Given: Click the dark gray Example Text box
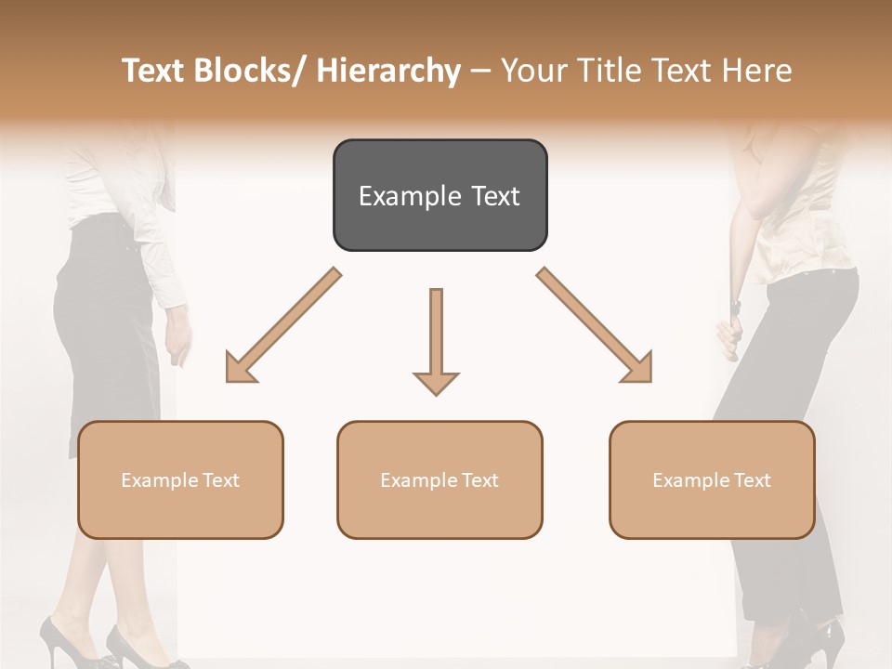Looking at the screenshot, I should (x=439, y=195).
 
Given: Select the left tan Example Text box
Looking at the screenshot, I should (x=180, y=479).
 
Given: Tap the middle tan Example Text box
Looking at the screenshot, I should (x=439, y=479).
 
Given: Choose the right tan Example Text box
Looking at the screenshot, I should (x=712, y=479).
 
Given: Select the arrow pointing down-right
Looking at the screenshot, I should (x=595, y=325).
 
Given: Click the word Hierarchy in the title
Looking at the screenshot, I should (x=387, y=71).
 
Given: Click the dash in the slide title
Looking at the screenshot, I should (x=480, y=71).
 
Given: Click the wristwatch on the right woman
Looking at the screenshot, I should (x=735, y=305).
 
